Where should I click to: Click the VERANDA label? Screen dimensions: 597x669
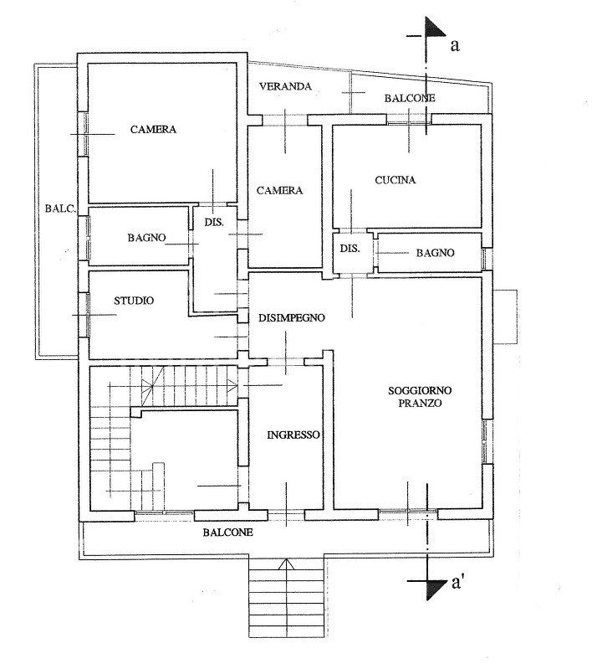[285, 86]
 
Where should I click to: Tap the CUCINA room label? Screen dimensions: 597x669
[395, 180]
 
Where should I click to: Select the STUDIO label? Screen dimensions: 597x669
[134, 301]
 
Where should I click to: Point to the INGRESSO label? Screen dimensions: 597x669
[293, 435]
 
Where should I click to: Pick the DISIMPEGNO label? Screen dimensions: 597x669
[292, 318]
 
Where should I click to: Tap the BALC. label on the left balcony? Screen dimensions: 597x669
[60, 209]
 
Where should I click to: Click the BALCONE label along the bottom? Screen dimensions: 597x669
[227, 533]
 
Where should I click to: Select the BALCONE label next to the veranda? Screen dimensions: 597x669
[410, 98]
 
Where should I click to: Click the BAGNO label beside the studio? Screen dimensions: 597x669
[146, 238]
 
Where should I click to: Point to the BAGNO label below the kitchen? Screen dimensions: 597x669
[435, 253]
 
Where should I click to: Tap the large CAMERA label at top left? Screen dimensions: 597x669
[153, 129]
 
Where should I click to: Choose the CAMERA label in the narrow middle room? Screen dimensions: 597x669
[279, 190]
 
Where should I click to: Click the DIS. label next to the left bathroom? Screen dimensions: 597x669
[214, 222]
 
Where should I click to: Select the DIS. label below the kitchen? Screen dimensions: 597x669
[350, 249]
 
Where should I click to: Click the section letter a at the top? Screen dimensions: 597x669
[455, 45]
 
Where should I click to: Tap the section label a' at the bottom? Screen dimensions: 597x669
[457, 583]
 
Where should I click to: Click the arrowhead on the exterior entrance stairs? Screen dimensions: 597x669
[286, 564]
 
